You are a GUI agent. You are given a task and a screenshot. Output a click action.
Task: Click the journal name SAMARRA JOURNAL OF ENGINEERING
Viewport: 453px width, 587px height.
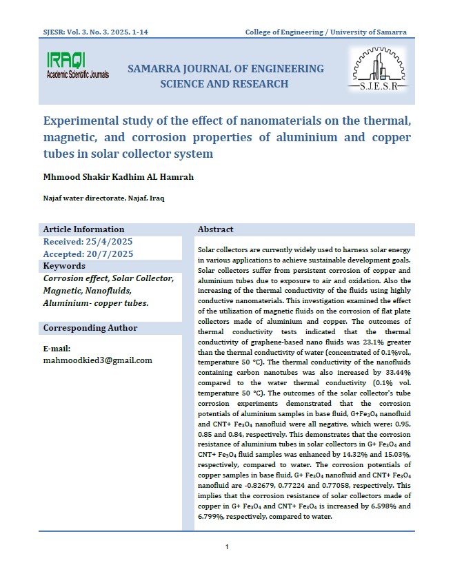pos(225,69)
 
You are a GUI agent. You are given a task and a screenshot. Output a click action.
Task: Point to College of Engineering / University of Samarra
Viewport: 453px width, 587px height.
pos(326,32)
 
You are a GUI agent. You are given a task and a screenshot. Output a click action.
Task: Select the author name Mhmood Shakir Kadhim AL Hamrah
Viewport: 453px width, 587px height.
pos(118,177)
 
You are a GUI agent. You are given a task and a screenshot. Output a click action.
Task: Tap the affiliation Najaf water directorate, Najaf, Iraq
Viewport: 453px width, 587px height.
pos(103,198)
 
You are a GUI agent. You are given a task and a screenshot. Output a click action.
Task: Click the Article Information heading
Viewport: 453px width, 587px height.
pos(83,229)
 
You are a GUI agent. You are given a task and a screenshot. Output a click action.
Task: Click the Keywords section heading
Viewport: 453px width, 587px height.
pos(64,266)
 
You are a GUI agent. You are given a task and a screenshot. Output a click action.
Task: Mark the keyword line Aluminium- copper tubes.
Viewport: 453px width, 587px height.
pos(95,303)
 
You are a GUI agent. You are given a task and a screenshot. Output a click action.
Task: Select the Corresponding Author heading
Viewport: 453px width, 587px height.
pos(90,328)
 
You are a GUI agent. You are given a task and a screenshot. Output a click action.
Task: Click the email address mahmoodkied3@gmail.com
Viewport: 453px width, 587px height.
pos(97,360)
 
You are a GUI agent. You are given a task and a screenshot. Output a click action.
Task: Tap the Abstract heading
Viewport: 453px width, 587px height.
pos(215,229)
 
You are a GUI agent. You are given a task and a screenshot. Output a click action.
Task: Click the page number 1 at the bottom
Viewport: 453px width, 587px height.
pos(226,547)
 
